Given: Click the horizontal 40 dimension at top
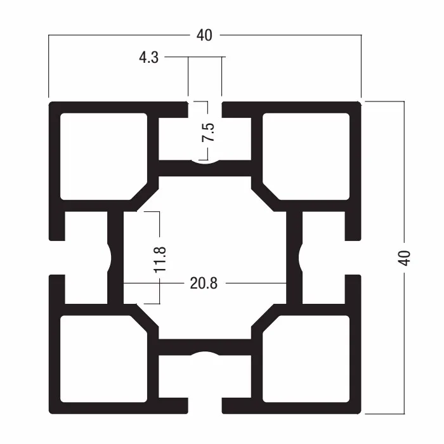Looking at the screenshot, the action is pyautogui.click(x=204, y=36).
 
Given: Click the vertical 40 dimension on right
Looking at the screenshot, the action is pyautogui.click(x=404, y=258).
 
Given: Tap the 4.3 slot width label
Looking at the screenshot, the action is pyautogui.click(x=148, y=58).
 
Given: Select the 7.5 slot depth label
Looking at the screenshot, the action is pyautogui.click(x=208, y=132).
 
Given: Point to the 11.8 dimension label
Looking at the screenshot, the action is pyautogui.click(x=160, y=259).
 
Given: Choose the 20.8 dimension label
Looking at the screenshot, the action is pyautogui.click(x=204, y=283).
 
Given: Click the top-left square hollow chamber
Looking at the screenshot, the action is pyautogui.click(x=103, y=156).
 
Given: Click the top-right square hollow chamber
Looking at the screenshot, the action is pyautogui.click(x=306, y=156).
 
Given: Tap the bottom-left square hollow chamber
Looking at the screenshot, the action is pyautogui.click(x=103, y=359).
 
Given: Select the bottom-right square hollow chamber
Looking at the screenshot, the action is pyautogui.click(x=306, y=359).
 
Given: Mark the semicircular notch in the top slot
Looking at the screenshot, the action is pyautogui.click(x=205, y=162).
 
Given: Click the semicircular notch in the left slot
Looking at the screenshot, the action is pyautogui.click(x=110, y=258).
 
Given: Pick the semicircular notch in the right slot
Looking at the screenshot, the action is pyautogui.click(x=301, y=258).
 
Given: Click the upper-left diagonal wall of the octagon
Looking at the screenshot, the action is pyautogui.click(x=144, y=197).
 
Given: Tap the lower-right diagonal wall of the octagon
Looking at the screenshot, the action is pyautogui.click(x=266, y=318).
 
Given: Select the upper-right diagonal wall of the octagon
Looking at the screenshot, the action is pyautogui.click(x=266, y=197).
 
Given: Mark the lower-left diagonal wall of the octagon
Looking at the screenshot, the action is pyautogui.click(x=144, y=318).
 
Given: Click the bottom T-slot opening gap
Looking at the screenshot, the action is pyautogui.click(x=205, y=406).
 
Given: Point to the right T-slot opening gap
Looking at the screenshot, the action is pyautogui.click(x=353, y=258).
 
